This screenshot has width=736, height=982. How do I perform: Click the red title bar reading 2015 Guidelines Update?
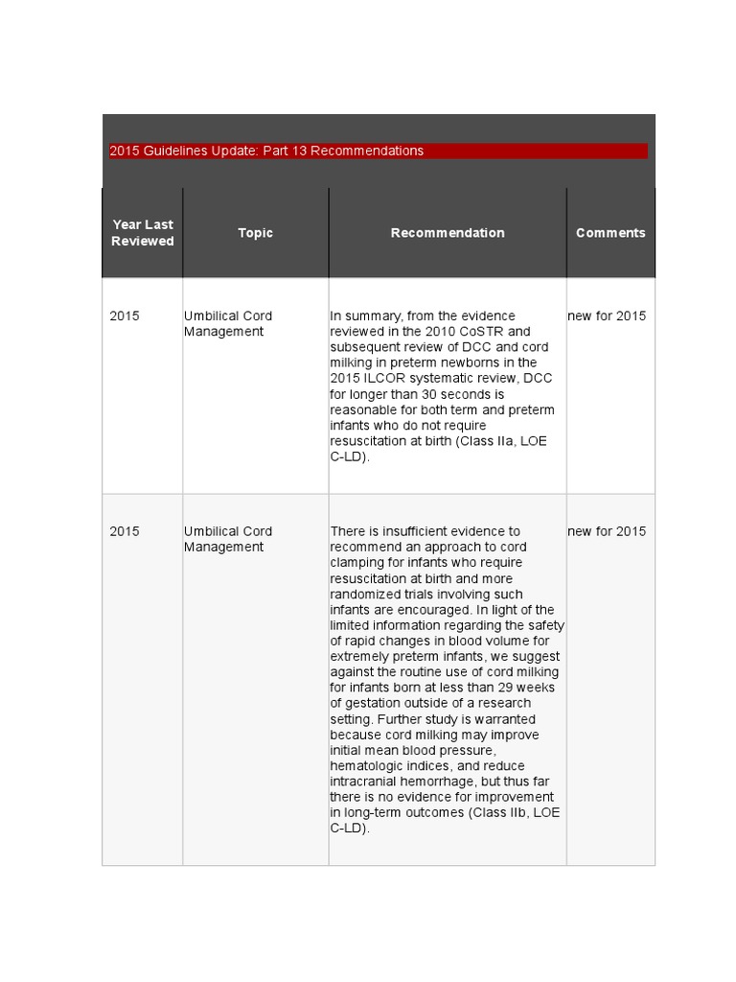tap(378, 151)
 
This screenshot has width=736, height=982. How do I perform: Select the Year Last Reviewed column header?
tap(143, 233)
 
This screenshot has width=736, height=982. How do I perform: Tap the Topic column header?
tap(255, 233)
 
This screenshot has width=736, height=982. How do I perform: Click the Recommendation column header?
tap(448, 233)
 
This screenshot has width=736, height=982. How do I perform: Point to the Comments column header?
tap(610, 233)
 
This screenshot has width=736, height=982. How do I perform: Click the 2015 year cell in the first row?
tap(125, 316)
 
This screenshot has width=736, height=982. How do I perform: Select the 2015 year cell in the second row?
tap(125, 531)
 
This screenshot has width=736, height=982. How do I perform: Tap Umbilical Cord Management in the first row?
tap(228, 323)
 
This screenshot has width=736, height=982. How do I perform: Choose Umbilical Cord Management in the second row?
tap(228, 539)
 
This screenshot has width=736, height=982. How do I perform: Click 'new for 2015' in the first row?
tap(607, 316)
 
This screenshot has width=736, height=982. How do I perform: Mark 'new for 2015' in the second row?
tap(607, 531)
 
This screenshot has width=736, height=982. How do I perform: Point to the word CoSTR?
tap(477, 331)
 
